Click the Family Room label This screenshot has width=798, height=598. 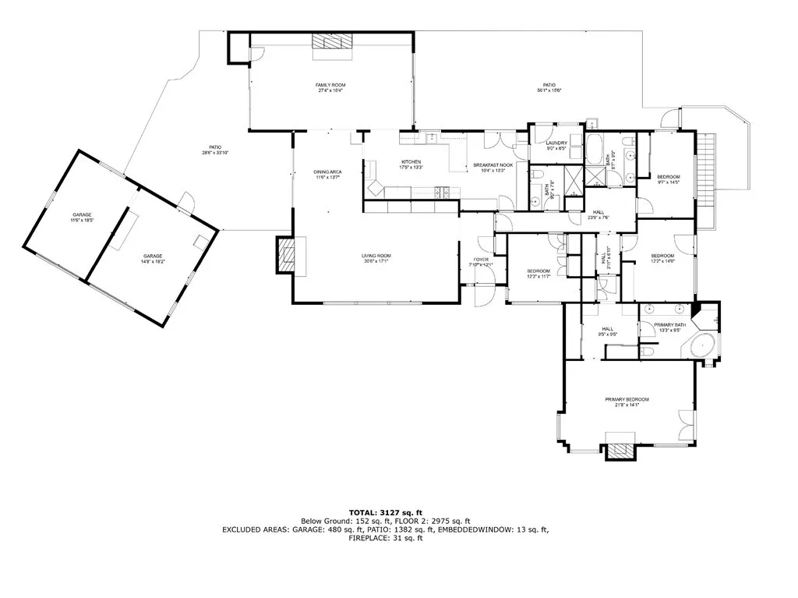click(330, 87)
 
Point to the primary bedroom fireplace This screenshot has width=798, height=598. click(620, 451)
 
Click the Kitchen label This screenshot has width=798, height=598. click(411, 165)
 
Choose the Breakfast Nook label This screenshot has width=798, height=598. click(493, 168)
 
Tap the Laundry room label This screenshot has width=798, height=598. click(556, 145)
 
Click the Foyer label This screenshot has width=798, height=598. click(481, 262)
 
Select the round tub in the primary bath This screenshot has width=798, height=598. click(704, 344)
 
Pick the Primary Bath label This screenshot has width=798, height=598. click(669, 327)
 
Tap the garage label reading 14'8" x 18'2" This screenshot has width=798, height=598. click(153, 259)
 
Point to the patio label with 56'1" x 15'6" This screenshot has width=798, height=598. click(549, 87)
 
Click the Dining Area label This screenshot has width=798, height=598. click(327, 174)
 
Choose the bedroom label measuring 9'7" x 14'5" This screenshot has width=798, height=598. click(669, 179)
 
